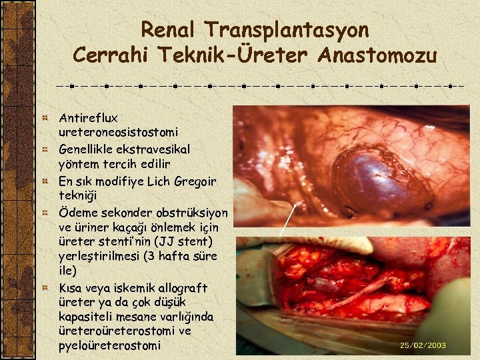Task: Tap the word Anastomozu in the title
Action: coord(377,55)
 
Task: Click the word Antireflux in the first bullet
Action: coord(88,118)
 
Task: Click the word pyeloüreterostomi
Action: coord(110,345)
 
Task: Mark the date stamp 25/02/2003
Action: coord(423,345)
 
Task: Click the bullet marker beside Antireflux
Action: coord(45,118)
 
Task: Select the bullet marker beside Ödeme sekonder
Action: coord(45,213)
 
